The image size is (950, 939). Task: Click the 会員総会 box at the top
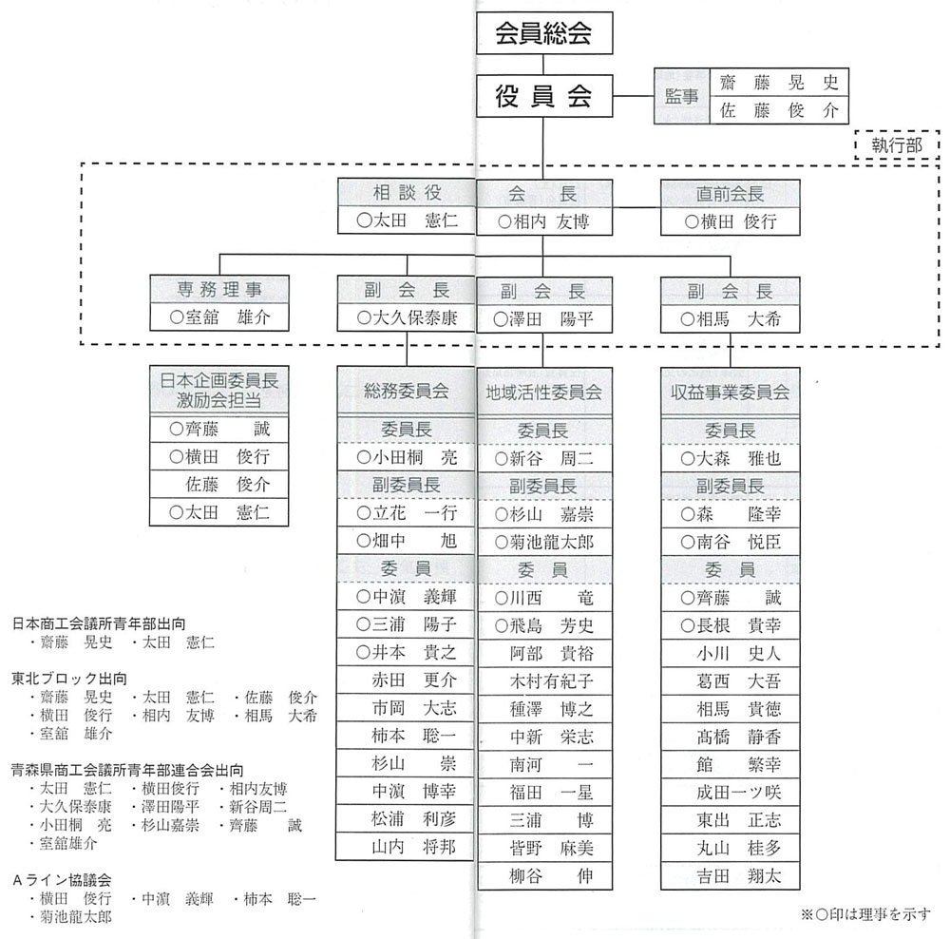point(544,32)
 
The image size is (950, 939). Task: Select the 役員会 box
point(544,96)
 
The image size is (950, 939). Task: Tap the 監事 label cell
point(681,96)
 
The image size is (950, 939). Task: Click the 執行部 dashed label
point(897,144)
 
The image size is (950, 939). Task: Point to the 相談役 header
point(407,193)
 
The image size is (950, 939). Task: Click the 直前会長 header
point(730,193)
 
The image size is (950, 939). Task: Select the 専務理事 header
point(219,289)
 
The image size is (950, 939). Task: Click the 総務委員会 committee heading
point(407,391)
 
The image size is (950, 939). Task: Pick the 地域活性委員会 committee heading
point(544,393)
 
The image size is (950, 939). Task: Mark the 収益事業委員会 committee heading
point(730,393)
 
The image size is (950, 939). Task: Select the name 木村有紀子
point(551,680)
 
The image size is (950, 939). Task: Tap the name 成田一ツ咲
point(738,793)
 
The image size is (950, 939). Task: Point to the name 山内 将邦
point(414,846)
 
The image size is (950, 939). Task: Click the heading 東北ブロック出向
point(69,679)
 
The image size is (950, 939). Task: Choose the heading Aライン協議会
point(62,879)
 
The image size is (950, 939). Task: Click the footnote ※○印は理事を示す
point(865,914)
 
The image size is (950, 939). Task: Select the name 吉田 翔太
point(738,875)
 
